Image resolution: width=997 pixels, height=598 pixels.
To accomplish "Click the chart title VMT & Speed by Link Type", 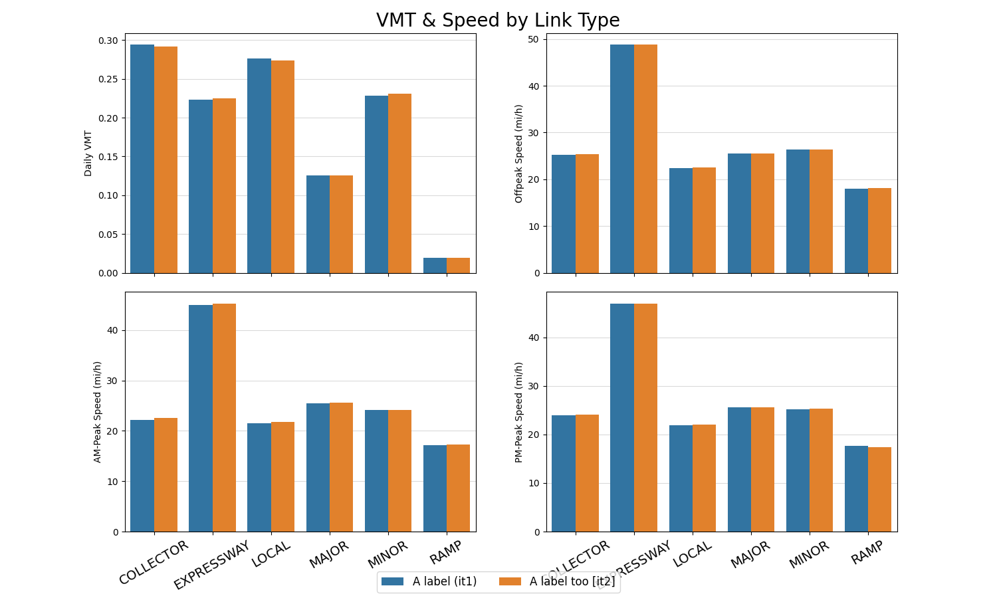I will tap(498, 20).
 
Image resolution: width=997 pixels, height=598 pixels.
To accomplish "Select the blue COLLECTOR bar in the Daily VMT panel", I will tap(142, 159).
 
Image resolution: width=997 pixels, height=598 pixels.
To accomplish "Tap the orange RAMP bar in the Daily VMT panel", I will tap(458, 266).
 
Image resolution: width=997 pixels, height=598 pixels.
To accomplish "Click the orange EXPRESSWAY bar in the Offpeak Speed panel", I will tap(645, 159).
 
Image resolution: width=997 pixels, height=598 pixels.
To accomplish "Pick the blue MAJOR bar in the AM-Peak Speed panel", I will tap(318, 468).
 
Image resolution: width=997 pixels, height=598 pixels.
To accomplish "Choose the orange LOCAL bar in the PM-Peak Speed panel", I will tap(704, 478).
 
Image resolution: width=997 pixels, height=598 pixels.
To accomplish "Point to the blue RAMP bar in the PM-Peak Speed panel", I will tap(856, 489).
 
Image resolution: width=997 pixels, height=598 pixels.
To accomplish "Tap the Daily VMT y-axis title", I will tap(88, 153).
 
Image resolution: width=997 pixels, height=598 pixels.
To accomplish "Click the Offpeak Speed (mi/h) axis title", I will tap(519, 153).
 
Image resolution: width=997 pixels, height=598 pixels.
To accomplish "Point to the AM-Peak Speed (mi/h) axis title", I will tap(98, 412).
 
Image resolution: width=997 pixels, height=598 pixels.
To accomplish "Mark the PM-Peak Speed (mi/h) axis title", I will tap(519, 412).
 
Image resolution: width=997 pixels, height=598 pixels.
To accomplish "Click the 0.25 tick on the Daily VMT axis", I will tap(107, 79).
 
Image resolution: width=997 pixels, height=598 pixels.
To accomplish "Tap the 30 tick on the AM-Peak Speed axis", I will tap(112, 381).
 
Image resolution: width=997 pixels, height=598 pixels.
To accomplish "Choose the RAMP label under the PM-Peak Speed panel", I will tap(867, 553).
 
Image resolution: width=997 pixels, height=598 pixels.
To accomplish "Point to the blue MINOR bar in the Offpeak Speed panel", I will tap(798, 211).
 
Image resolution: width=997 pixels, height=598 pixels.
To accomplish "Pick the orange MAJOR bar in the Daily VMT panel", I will tap(341, 225).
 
